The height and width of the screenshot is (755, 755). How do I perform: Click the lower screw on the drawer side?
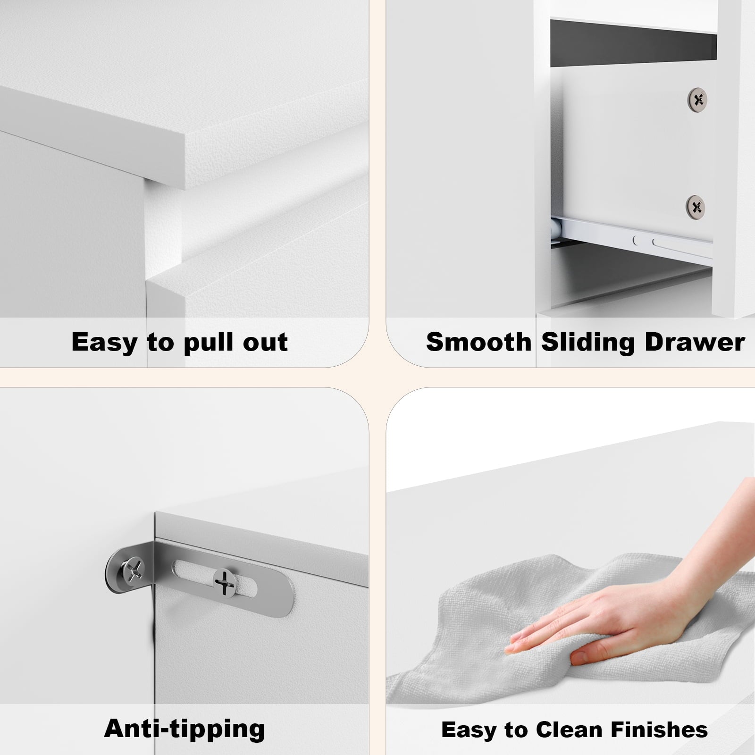point(696,206)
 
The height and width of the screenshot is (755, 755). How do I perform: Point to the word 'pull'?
point(209,343)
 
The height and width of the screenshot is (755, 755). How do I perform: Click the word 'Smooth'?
point(478,342)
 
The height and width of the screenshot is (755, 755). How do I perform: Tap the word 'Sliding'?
point(587,343)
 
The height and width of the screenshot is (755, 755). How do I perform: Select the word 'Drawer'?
point(695,342)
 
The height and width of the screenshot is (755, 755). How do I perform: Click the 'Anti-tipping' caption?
point(185,729)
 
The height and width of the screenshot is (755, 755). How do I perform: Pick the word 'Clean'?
point(569,730)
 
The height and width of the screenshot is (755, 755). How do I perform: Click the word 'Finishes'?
point(659,730)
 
